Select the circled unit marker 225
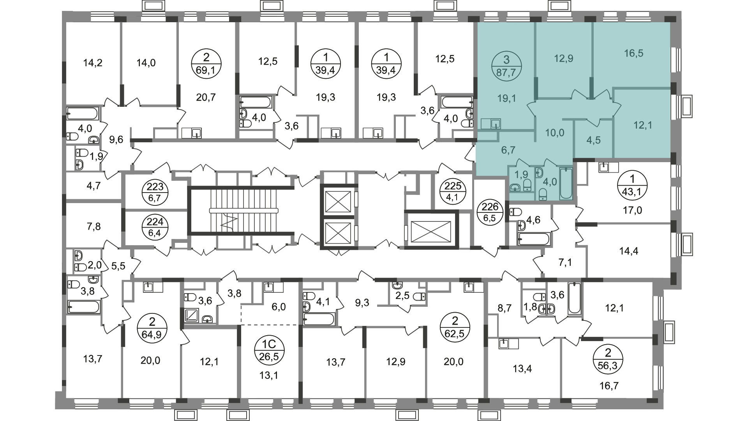453,191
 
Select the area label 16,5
633,53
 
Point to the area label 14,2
93,62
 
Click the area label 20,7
206,97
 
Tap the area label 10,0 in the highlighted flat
554,133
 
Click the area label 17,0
632,210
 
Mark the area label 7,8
92,226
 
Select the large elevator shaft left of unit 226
430,229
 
